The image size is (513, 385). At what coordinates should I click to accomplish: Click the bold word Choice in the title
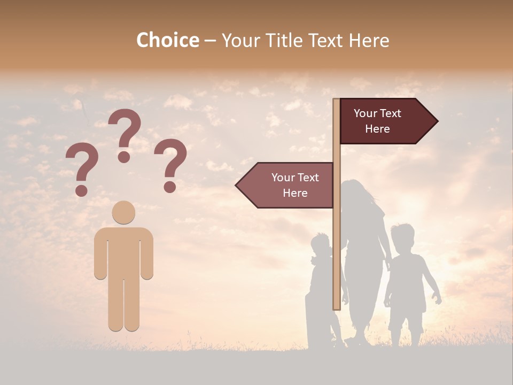pyautogui.click(x=167, y=40)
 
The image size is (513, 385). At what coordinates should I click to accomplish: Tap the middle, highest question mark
pyautogui.click(x=125, y=134)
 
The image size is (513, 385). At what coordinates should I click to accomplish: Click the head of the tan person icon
pyautogui.click(x=123, y=212)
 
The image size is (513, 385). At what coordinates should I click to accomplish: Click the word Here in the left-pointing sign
pyautogui.click(x=295, y=193)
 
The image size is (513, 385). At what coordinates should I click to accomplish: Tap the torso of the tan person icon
pyautogui.click(x=123, y=251)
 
